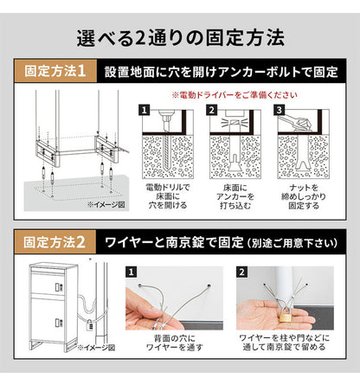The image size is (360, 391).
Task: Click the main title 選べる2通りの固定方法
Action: click(180, 37)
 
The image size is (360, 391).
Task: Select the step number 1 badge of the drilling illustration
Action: click(145, 111)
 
